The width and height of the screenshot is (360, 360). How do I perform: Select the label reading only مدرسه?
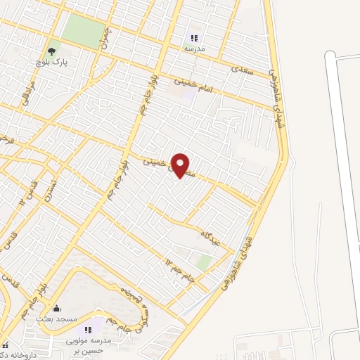[x=194, y=50]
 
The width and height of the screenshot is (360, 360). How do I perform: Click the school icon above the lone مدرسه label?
[x=194, y=38]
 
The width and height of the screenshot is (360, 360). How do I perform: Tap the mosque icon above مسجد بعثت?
[x=57, y=308]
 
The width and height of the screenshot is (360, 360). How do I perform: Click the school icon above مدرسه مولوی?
[x=89, y=330]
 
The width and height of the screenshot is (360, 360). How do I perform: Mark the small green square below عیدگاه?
[x=205, y=262]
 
